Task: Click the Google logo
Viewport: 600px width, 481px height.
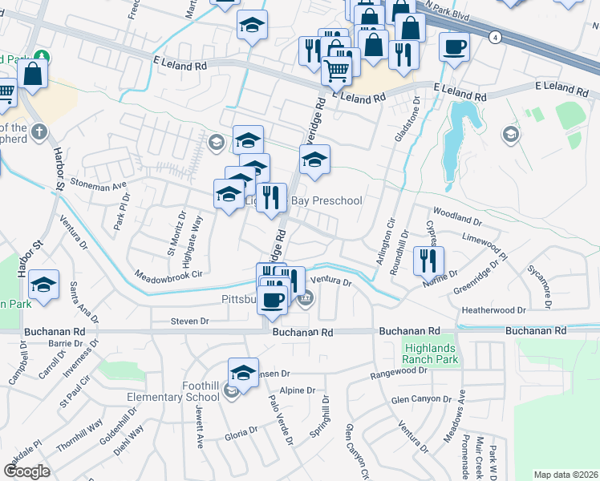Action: point(26,471)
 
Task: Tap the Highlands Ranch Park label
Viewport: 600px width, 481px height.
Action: point(429,354)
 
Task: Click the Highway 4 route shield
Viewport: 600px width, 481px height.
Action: point(497,38)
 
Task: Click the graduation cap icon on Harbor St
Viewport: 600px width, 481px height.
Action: point(43,284)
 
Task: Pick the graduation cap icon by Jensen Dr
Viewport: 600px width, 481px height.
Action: point(243,372)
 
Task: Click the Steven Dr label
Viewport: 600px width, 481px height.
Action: point(190,321)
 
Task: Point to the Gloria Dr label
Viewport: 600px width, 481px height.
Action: point(241,430)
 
